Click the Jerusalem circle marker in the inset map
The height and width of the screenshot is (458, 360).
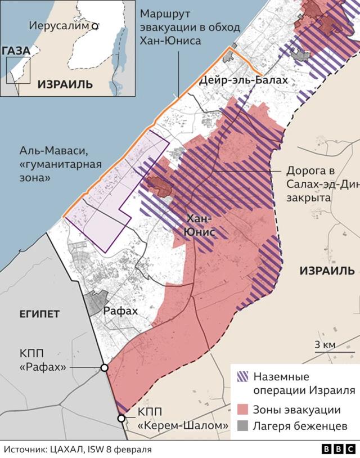[96, 26]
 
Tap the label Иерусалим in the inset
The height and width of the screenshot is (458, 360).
[60, 26]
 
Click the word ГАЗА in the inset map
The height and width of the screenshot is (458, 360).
[16, 51]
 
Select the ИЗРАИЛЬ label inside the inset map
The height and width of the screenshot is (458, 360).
[65, 84]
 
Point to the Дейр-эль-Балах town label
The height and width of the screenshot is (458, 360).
[244, 80]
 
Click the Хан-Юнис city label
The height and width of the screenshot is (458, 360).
[201, 224]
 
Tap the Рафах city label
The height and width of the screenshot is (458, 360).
[120, 310]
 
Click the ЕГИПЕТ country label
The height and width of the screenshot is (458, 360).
[39, 313]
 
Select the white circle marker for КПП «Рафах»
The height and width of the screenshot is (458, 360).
[104, 367]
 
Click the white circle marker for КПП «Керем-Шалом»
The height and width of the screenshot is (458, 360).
[121, 418]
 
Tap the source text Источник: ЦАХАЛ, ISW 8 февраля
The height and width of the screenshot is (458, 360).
[78, 449]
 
